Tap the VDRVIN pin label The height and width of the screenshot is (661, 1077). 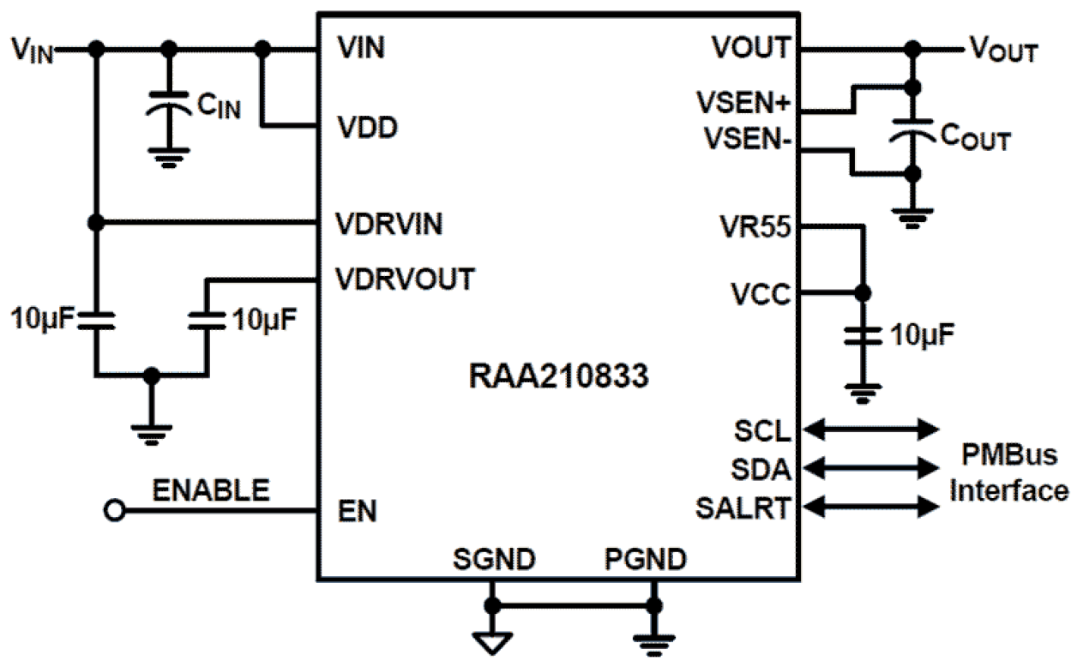(x=388, y=225)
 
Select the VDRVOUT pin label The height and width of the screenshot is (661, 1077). (x=405, y=279)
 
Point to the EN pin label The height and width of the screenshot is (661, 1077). (x=357, y=512)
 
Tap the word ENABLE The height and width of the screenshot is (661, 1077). (x=211, y=491)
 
